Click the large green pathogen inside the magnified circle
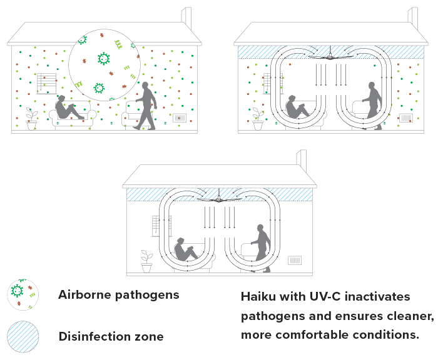[x=103, y=58]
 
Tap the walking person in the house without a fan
[x=147, y=105]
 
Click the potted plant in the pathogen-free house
[x=146, y=262]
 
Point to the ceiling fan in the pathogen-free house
[x=218, y=199]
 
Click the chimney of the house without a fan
[x=186, y=16]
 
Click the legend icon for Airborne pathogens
[x=23, y=294]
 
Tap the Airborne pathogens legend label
[x=119, y=294]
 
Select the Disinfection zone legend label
[x=111, y=336]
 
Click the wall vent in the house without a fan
[x=180, y=117]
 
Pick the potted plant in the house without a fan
[x=31, y=119]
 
